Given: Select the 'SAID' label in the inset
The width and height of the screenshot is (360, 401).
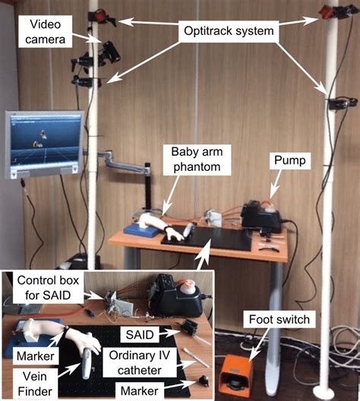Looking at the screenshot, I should click(142, 335).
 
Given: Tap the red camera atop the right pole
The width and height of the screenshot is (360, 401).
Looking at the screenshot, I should click(329, 11).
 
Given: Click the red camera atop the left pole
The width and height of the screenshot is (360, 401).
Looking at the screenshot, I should click(99, 14).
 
